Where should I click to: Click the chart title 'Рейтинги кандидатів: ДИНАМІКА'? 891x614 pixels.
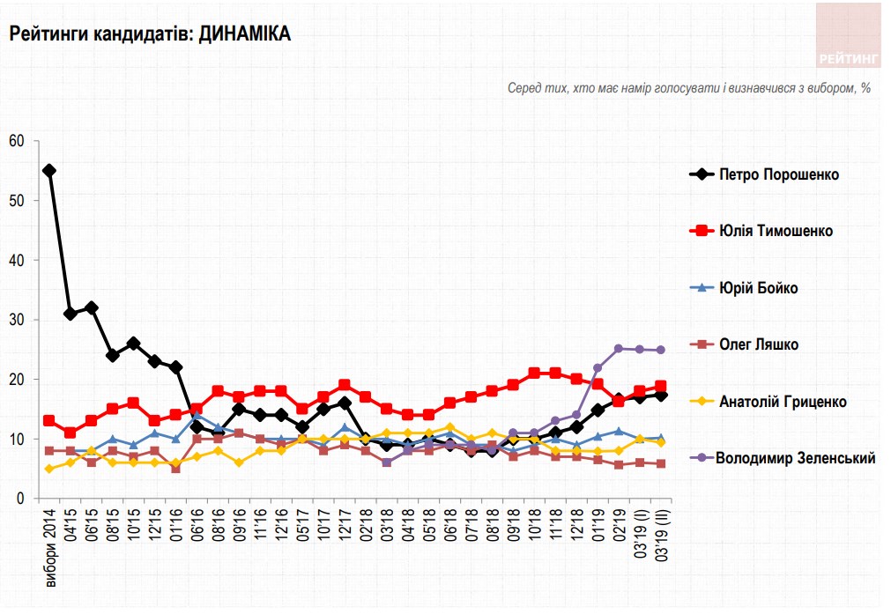(150, 34)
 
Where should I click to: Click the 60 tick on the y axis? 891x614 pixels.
(18, 141)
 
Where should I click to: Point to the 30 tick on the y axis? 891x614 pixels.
(18, 320)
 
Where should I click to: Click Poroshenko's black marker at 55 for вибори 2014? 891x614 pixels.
(49, 171)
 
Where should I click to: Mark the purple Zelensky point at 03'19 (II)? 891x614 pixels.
(661, 350)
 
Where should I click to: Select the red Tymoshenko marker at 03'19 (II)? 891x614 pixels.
(661, 386)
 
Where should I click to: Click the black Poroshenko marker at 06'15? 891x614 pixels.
(92, 307)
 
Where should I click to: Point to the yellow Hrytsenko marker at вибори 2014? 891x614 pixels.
(49, 469)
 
